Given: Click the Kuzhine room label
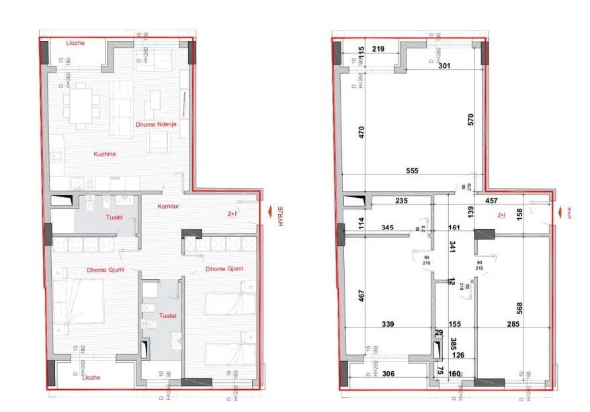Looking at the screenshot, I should tap(104, 154).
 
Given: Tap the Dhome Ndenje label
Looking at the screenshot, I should tap(157, 124).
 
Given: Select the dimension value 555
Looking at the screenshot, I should tap(412, 171).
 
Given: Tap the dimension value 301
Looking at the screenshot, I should tap(444, 66).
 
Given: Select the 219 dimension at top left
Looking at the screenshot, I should tap(378, 49).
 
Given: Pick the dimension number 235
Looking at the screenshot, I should tap(402, 200).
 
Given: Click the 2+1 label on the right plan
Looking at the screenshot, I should tap(502, 216).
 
